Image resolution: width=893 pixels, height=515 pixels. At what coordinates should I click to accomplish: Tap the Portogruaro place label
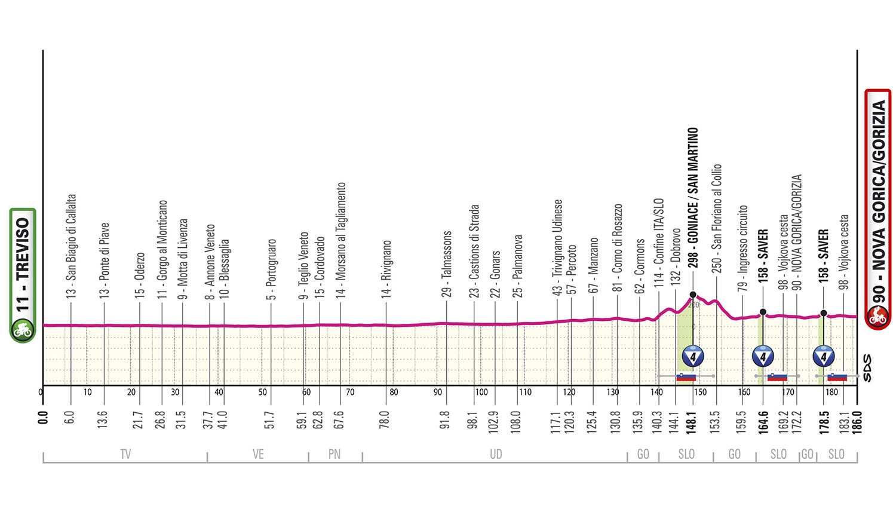(272, 269)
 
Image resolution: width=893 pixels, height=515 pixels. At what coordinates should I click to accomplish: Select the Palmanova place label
(518, 266)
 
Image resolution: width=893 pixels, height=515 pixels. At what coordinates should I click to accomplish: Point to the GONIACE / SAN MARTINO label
(693, 194)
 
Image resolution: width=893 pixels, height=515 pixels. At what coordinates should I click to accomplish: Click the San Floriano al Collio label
(717, 218)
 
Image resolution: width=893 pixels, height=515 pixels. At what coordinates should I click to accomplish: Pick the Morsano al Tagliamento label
(341, 239)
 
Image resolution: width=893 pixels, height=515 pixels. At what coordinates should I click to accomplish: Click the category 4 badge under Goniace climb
(693, 357)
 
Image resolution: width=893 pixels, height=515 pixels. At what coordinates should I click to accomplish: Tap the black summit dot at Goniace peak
(693, 295)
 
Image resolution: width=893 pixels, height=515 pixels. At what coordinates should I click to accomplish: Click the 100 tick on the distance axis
(481, 393)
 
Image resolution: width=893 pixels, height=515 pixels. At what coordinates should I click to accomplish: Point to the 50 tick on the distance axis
(263, 393)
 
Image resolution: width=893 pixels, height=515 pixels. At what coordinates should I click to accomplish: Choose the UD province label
(496, 455)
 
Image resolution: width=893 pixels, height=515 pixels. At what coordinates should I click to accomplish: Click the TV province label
(125, 455)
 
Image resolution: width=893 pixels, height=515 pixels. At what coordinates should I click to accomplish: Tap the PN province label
(335, 455)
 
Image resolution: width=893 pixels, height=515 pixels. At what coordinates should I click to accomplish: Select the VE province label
(258, 455)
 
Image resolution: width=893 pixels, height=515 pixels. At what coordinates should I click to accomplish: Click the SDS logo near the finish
(867, 368)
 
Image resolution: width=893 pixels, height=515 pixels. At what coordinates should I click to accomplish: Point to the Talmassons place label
(447, 263)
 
